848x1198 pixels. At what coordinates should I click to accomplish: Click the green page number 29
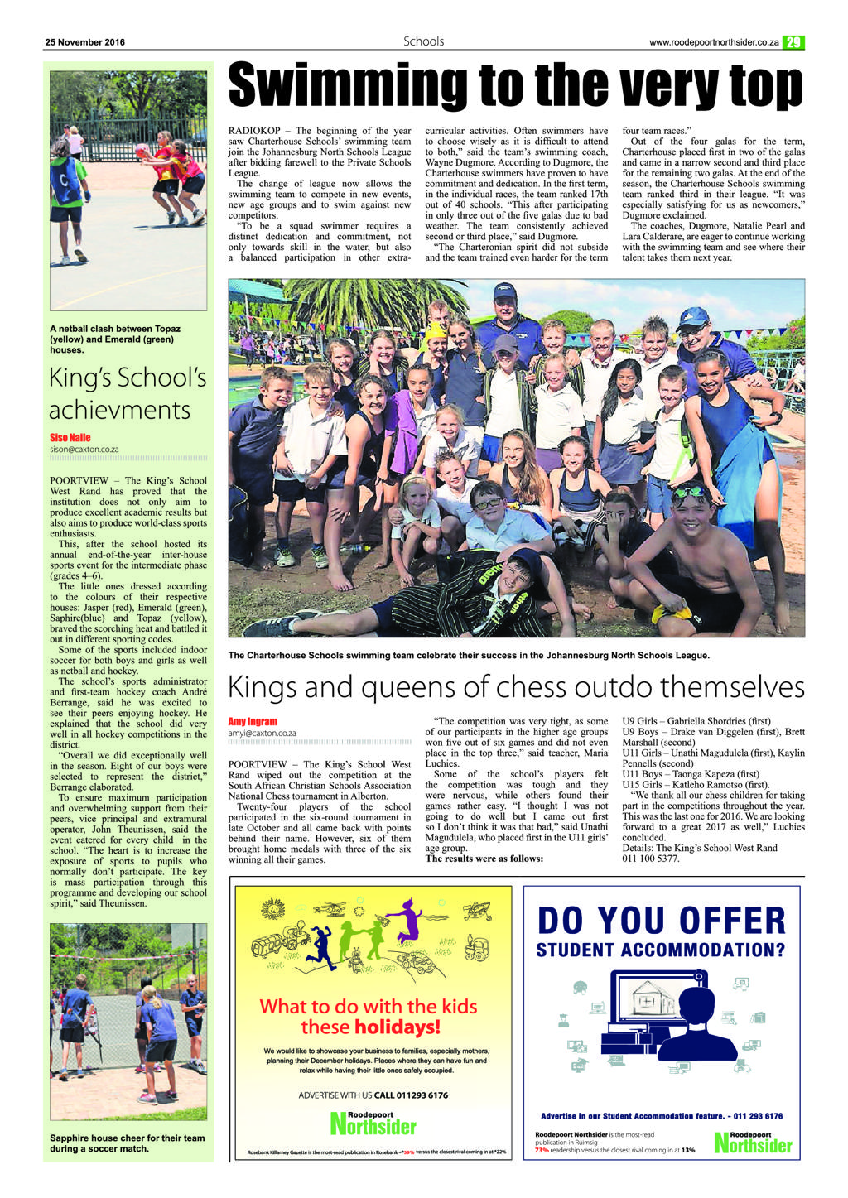click(793, 42)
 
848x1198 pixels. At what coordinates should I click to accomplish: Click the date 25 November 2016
click(85, 42)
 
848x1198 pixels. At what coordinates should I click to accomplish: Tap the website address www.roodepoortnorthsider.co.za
click(713, 42)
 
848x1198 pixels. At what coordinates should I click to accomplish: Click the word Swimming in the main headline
click(348, 85)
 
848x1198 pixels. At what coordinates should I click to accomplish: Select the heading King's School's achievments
click(128, 393)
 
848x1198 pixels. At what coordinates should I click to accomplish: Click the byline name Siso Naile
click(70, 437)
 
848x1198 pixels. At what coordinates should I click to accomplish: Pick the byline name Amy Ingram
click(253, 721)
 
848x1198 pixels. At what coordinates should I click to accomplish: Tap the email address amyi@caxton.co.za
click(262, 733)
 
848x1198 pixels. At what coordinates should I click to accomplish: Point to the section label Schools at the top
click(423, 41)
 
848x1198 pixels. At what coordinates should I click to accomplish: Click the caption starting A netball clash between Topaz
click(114, 339)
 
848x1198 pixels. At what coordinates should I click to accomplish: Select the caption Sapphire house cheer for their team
click(127, 1143)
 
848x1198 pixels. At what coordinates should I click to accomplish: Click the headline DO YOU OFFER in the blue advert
click(661, 921)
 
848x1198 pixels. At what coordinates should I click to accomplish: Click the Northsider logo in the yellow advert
click(373, 1124)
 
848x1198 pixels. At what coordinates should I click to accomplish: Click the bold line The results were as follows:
click(484, 859)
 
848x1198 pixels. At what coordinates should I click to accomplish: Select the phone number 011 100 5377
click(651, 859)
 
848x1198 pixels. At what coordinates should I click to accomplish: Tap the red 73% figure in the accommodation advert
click(542, 1150)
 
